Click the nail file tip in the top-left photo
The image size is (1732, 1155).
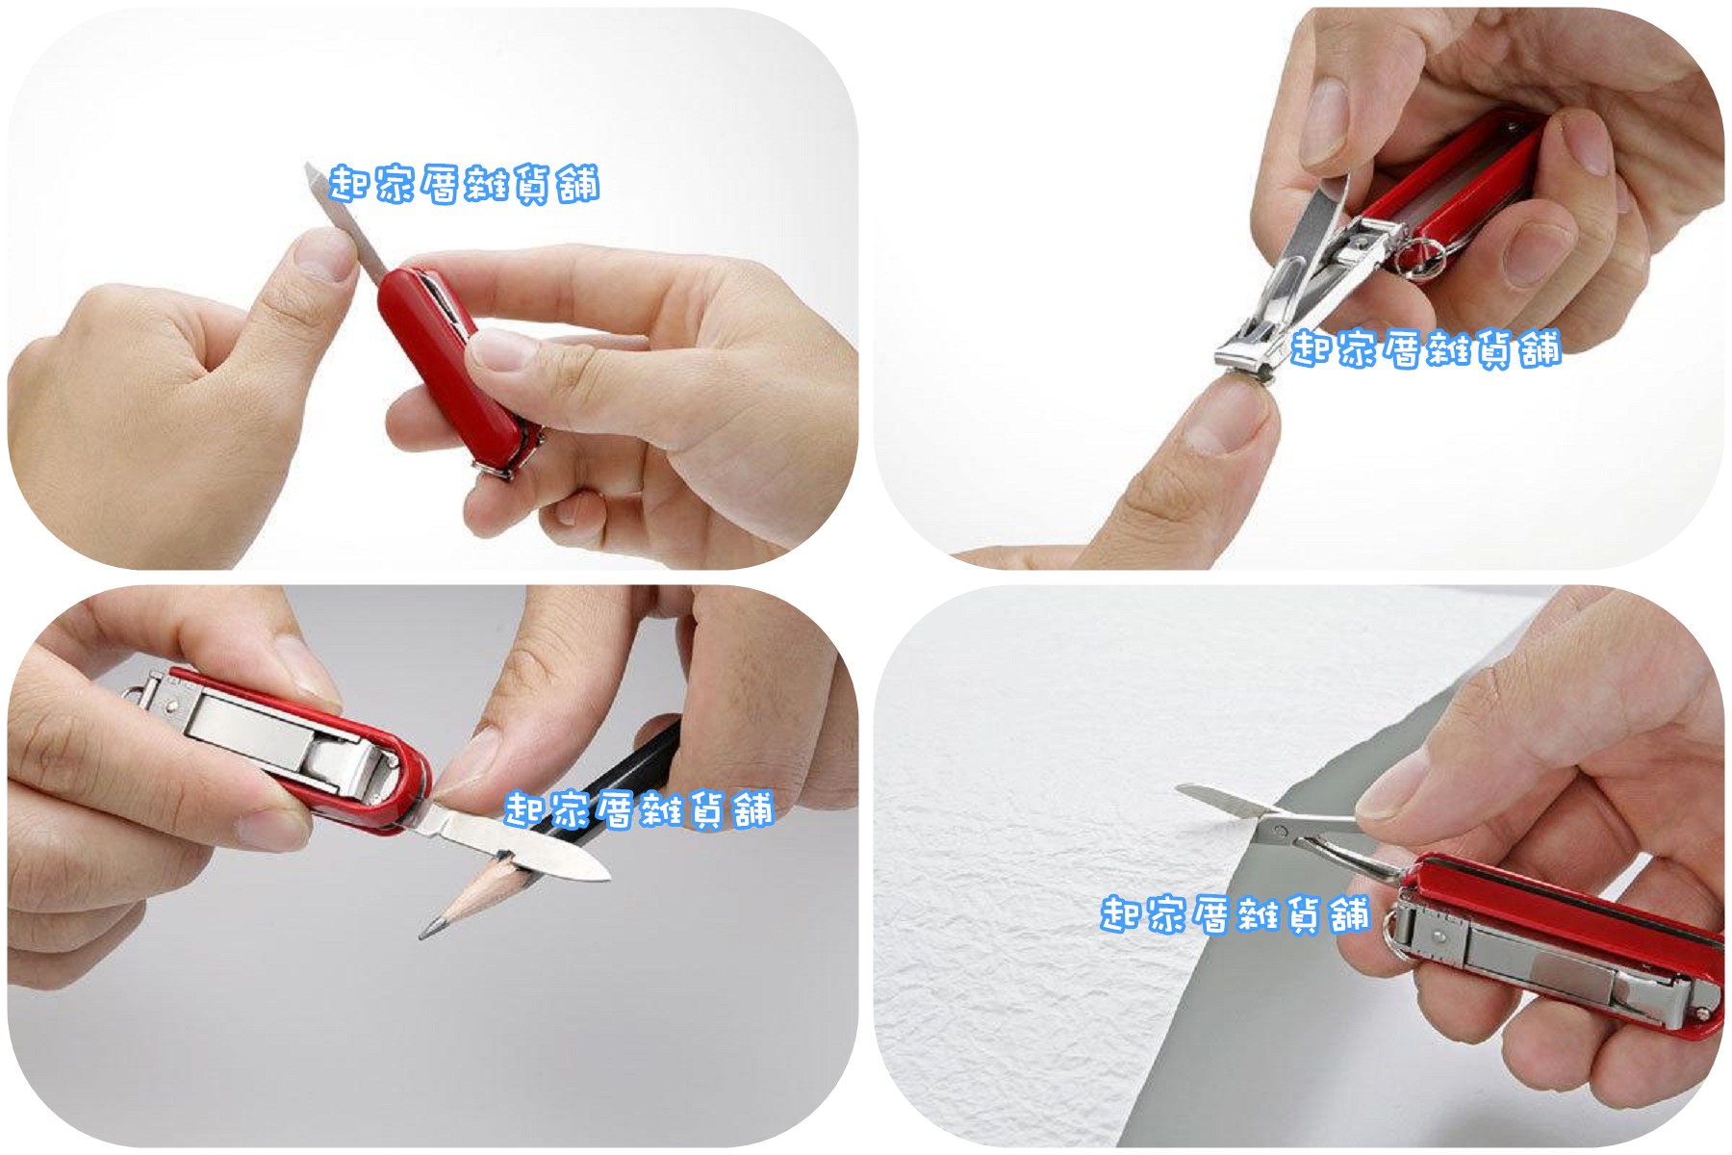click(310, 169)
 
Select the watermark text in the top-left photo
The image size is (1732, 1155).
click(464, 184)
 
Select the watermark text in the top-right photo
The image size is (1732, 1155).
click(1425, 348)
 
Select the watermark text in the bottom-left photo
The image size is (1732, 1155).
click(639, 810)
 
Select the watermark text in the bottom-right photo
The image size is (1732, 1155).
click(1235, 914)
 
